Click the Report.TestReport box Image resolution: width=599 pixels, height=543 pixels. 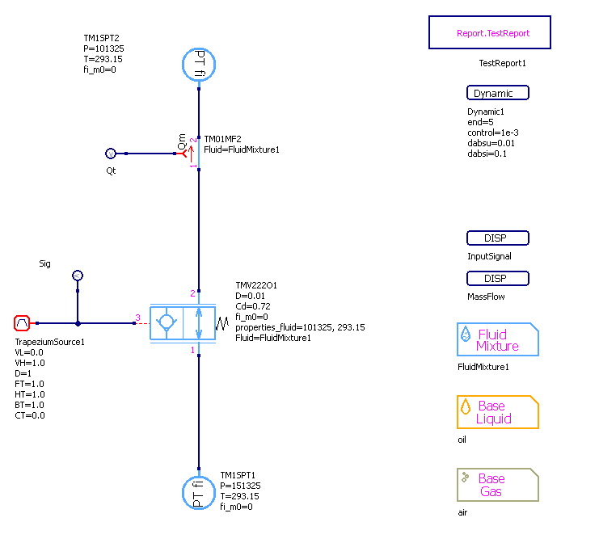point(490,34)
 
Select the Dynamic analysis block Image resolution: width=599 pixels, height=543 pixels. point(498,93)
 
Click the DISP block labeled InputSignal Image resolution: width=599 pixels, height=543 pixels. point(498,238)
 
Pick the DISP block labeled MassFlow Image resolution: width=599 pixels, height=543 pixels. point(498,279)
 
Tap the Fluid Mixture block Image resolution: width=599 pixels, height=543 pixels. point(498,340)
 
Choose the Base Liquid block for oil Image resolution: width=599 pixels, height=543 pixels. point(498,412)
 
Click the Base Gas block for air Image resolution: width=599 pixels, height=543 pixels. point(498,485)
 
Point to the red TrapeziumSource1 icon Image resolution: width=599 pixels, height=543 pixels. point(23,323)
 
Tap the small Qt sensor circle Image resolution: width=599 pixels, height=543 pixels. point(112,154)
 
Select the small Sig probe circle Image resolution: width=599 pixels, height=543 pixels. point(78,276)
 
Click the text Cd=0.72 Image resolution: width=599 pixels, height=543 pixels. point(253,306)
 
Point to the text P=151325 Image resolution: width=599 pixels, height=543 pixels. point(240,486)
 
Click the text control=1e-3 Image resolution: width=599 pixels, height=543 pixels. point(493,133)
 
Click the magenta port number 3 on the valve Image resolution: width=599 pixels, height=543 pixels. point(137,318)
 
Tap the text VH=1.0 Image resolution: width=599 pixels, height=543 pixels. point(31,363)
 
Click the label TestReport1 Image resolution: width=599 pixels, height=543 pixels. point(503,62)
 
